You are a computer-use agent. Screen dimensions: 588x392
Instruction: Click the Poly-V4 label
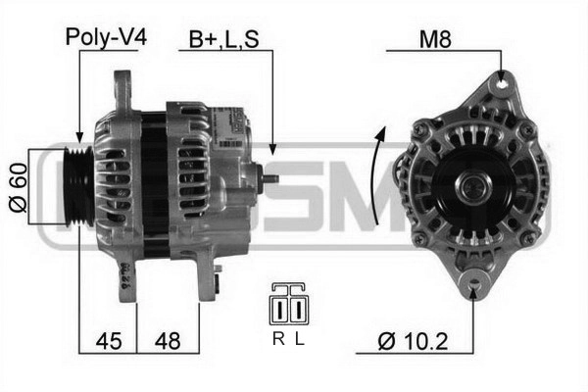(106, 37)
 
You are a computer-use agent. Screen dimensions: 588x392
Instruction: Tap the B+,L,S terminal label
(223, 39)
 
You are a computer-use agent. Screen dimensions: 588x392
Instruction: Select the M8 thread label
(435, 38)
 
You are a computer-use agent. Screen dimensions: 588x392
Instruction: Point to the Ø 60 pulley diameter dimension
(18, 187)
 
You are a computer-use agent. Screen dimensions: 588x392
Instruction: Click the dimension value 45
(109, 341)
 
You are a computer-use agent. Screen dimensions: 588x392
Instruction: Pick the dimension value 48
(168, 341)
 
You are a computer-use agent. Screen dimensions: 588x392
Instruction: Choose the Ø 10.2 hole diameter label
(413, 341)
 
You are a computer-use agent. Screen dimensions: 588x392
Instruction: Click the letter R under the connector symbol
(278, 339)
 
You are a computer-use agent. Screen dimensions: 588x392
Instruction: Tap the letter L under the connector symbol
(299, 339)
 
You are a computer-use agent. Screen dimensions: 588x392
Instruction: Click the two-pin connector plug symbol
(289, 304)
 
